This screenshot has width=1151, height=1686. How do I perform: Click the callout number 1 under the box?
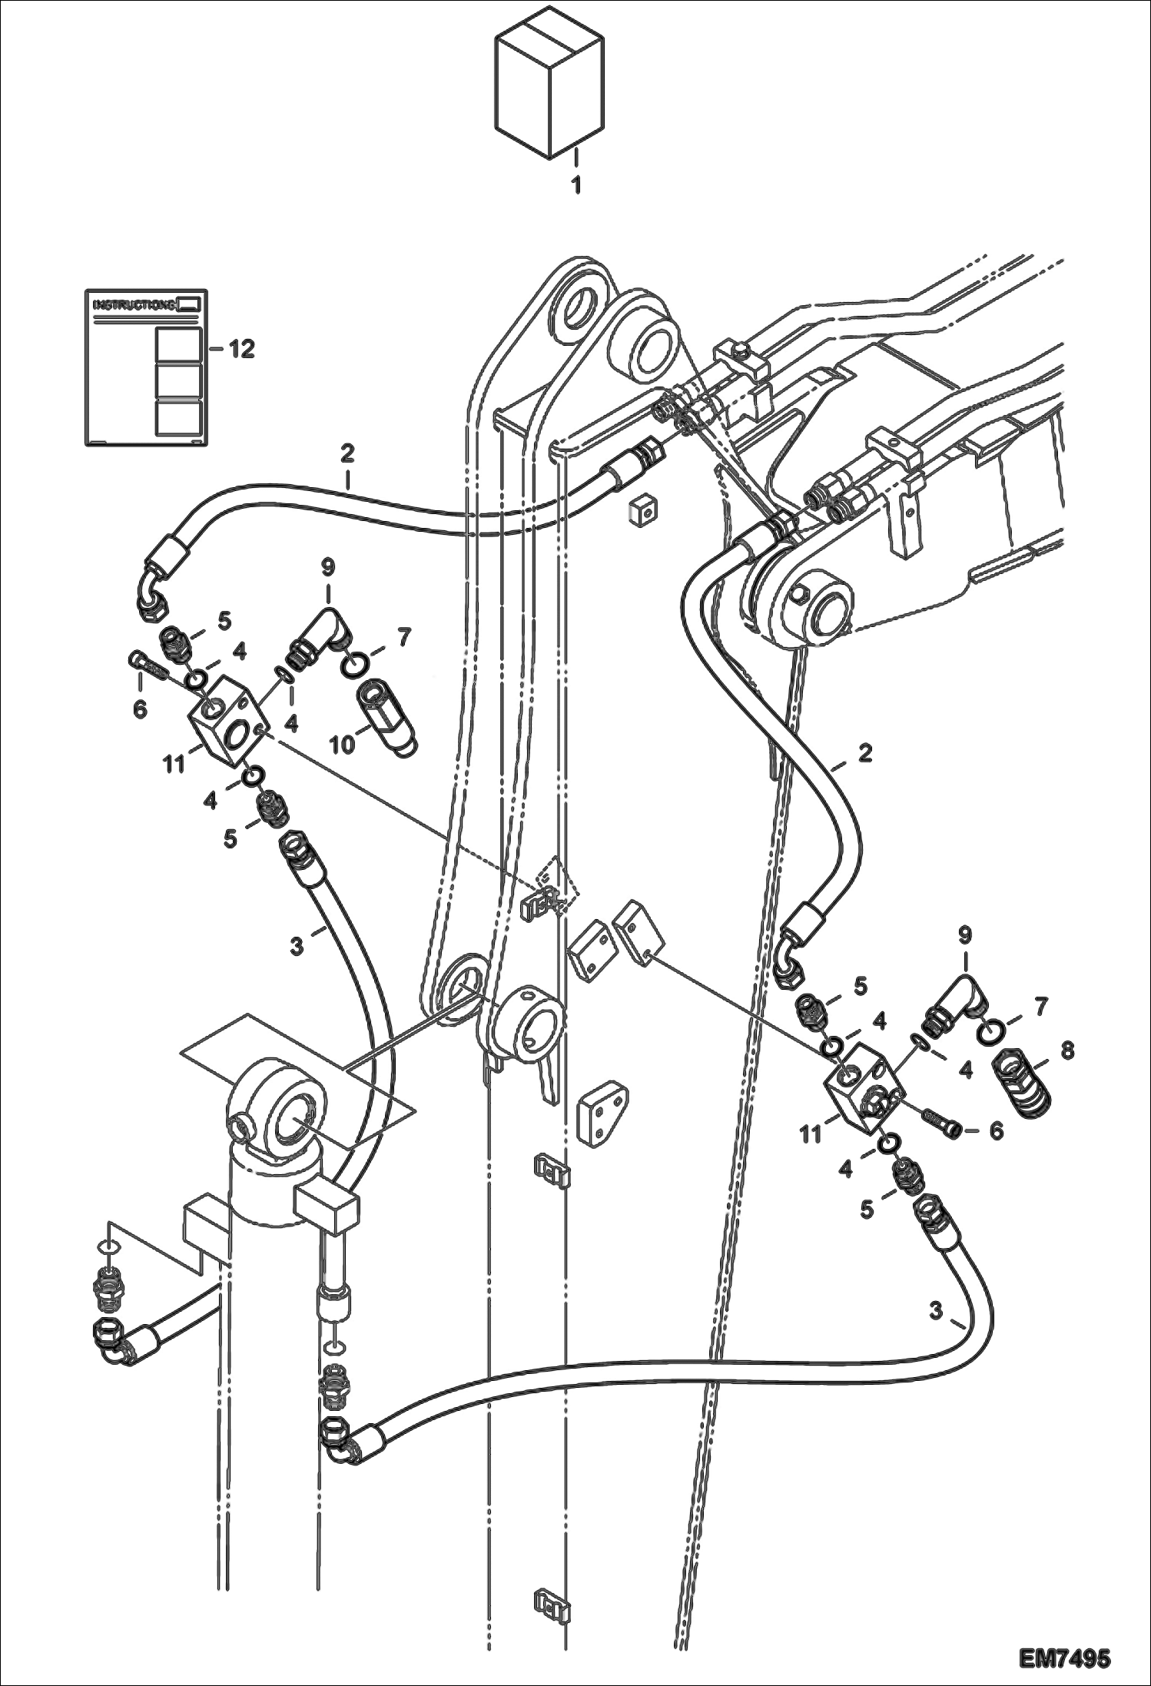(x=575, y=185)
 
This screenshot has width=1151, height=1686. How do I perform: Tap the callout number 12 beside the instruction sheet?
(x=240, y=350)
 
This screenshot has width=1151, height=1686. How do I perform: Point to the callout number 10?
(x=343, y=744)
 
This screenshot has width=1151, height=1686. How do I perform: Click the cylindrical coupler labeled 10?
(x=386, y=718)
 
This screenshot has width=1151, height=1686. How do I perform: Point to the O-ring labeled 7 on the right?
(x=993, y=1034)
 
